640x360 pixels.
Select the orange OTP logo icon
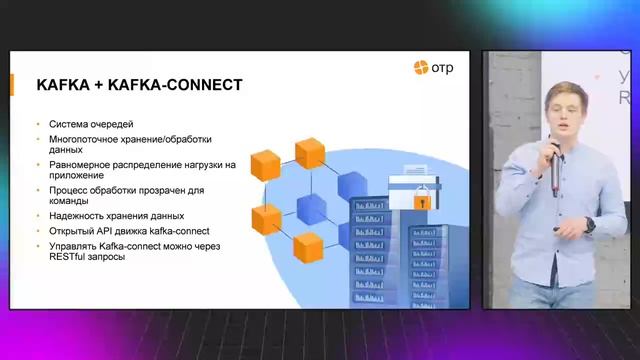click(421, 68)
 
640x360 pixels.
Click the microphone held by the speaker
click(553, 170)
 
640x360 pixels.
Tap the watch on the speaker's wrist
click(590, 225)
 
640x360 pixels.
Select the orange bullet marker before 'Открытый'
click(38, 230)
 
